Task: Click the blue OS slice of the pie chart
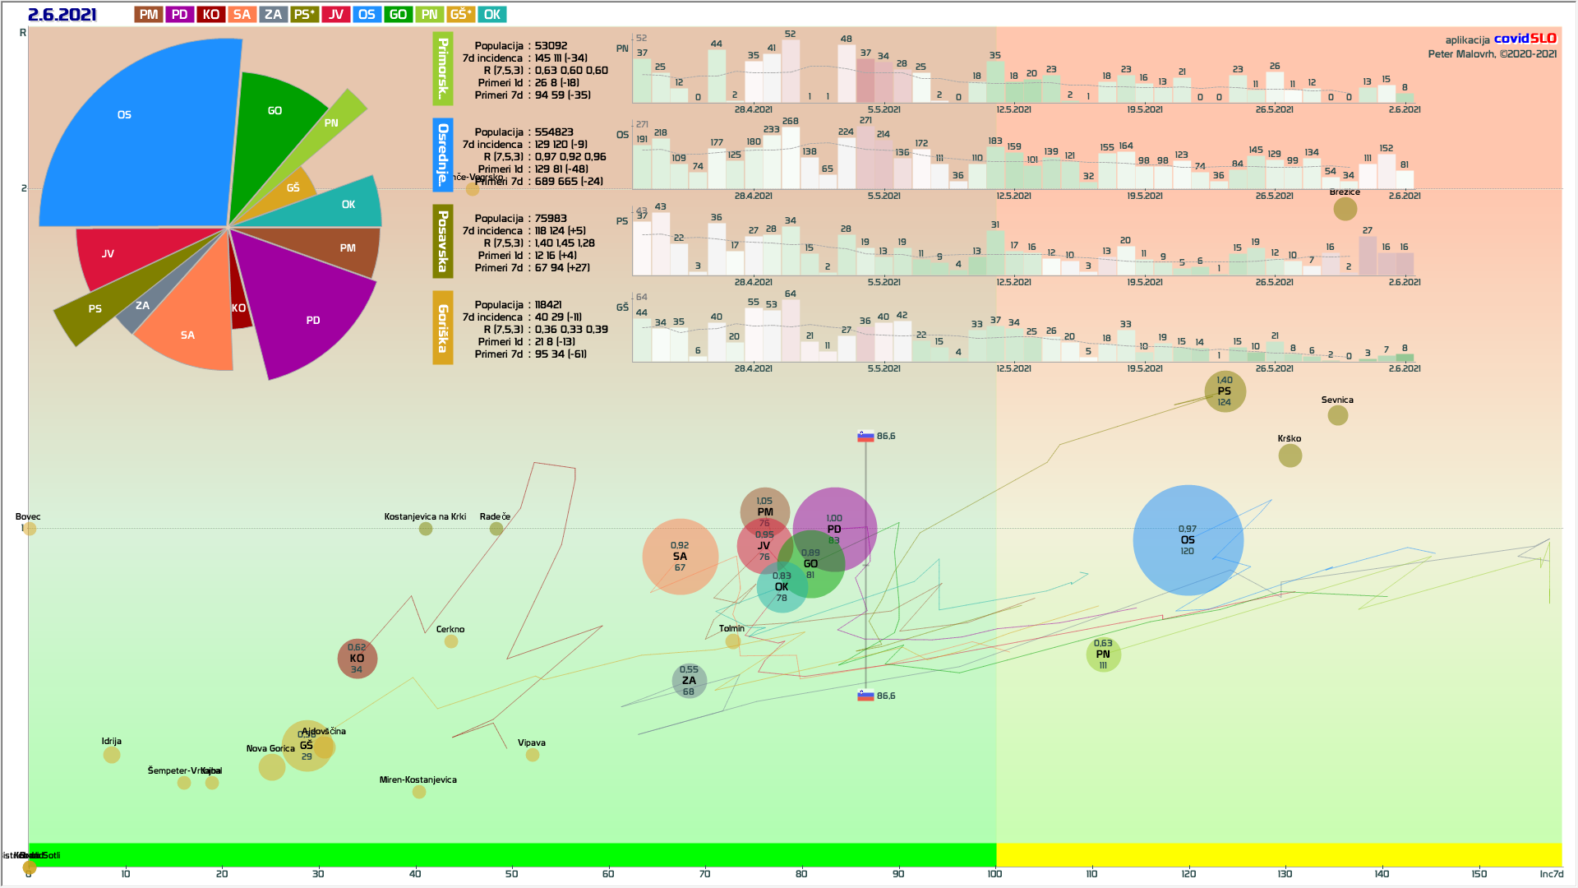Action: point(131,140)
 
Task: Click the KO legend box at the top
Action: point(211,14)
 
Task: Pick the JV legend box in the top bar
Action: point(336,14)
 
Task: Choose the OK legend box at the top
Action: point(492,14)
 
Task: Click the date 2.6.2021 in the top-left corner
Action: point(62,15)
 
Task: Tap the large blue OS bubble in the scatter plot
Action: point(1188,540)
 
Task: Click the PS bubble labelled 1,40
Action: point(1225,391)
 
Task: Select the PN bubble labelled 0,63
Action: point(1103,654)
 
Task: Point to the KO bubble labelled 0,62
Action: point(357,659)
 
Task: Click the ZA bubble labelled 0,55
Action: point(689,681)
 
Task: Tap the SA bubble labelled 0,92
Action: point(680,557)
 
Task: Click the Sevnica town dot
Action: point(1338,415)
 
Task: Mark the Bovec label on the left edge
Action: point(28,517)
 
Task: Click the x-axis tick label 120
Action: point(1188,874)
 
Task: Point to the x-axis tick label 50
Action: point(511,874)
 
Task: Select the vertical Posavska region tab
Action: point(443,241)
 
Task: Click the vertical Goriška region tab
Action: point(443,327)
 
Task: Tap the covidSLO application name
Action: point(1525,39)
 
